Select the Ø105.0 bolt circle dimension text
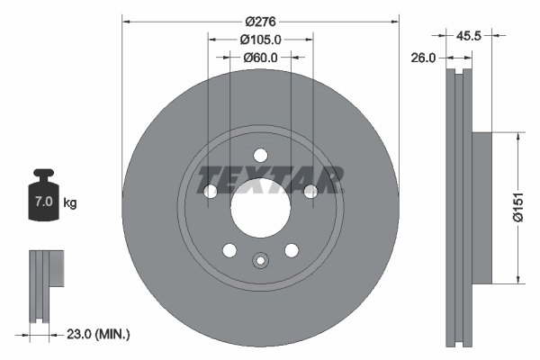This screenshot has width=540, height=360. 261,39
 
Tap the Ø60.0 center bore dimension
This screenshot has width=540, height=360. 260,57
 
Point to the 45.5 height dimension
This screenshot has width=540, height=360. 468,37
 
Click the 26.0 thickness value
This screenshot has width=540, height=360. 423,57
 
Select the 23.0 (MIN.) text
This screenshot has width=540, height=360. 98,334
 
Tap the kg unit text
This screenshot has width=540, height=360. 70,203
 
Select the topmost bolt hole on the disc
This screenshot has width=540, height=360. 260,155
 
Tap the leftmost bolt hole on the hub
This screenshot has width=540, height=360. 211,191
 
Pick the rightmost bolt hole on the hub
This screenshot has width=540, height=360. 310,191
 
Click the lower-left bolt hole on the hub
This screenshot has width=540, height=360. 229,249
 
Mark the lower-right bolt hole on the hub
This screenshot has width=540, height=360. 291,249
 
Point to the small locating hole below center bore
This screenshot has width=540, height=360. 260,261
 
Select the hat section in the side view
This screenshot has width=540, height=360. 482,207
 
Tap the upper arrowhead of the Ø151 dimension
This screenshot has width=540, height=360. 518,138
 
